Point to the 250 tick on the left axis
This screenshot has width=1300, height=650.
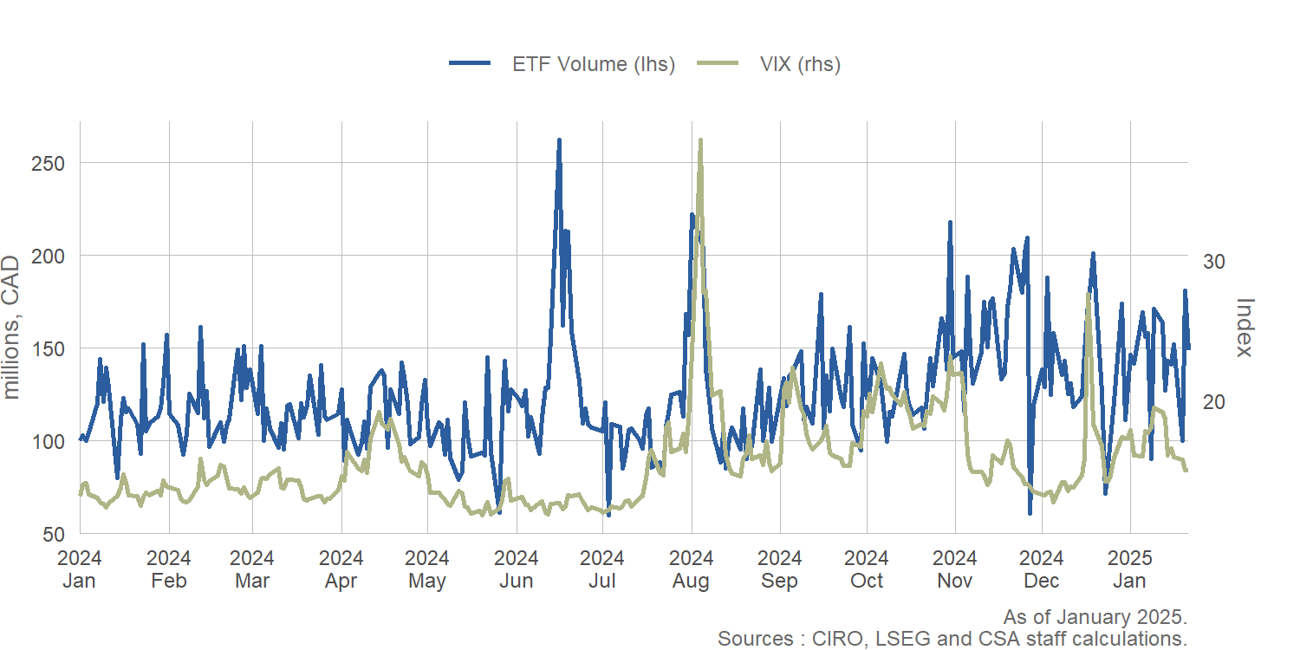pyautogui.click(x=55, y=163)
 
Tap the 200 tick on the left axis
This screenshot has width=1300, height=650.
pyautogui.click(x=55, y=256)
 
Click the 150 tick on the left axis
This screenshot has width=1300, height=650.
pyautogui.click(x=55, y=348)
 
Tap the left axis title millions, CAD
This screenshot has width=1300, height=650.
pyautogui.click(x=12, y=327)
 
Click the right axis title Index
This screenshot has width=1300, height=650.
pyautogui.click(x=1245, y=327)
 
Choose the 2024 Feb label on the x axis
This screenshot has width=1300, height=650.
pyautogui.click(x=169, y=569)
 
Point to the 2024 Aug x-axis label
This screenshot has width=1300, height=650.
pyautogui.click(x=692, y=569)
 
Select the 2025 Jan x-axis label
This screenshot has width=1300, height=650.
pyautogui.click(x=1130, y=569)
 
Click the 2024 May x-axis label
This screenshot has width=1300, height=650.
pyautogui.click(x=427, y=569)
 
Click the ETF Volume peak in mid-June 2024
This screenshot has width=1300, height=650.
pyautogui.click(x=559, y=140)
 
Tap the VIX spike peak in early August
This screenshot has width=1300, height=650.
pyautogui.click(x=700, y=140)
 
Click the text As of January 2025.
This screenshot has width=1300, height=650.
pyautogui.click(x=1095, y=618)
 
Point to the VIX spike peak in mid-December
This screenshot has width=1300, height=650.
pyautogui.click(x=1088, y=294)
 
